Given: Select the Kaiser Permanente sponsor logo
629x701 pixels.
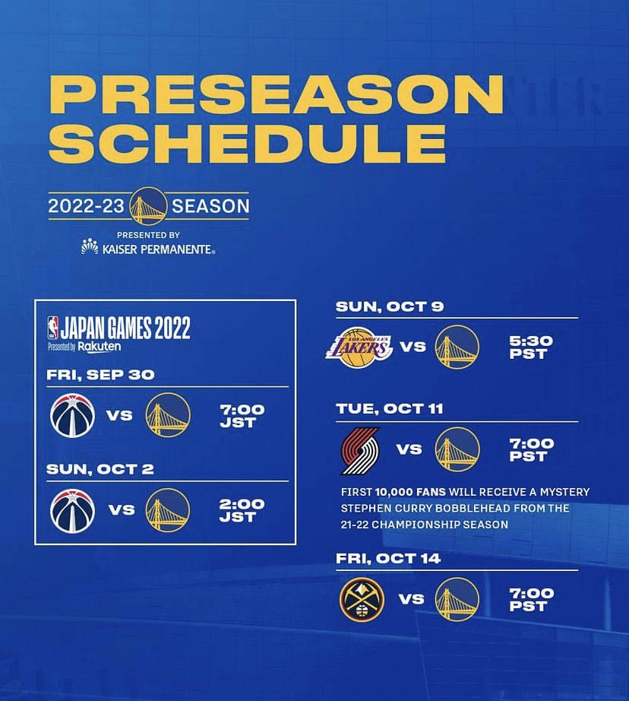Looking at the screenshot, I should [148, 248].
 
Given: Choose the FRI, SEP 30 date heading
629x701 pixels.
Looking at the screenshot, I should [100, 375].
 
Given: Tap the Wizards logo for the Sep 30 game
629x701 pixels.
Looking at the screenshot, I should [72, 415].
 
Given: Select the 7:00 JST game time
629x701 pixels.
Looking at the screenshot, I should [242, 415].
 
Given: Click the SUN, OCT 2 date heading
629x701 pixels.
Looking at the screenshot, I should [100, 469].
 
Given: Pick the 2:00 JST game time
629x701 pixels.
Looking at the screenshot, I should [242, 510].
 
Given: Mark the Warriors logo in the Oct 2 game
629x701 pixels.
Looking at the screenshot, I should [167, 510].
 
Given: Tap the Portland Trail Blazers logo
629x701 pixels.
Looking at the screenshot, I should [359, 449].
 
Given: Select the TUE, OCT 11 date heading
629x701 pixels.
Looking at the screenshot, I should [390, 408].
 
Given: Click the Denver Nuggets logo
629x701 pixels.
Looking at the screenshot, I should [362, 599].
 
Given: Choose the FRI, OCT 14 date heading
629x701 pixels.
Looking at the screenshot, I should [388, 559].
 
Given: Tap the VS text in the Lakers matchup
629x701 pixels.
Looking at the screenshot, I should [412, 347].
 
